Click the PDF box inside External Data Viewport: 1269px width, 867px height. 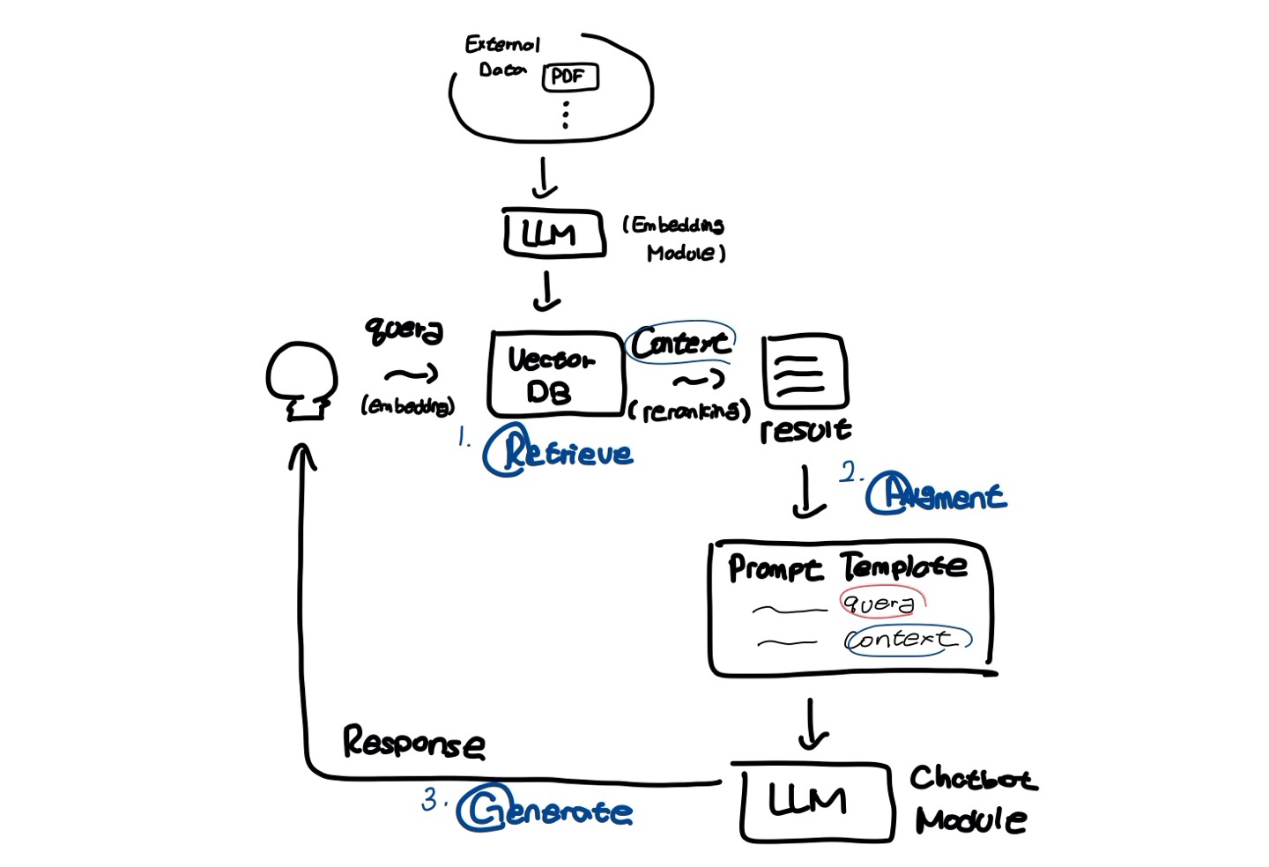pyautogui.click(x=569, y=77)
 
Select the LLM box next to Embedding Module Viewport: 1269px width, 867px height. pyautogui.click(x=553, y=233)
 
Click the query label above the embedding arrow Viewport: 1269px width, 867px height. pyautogui.click(x=404, y=330)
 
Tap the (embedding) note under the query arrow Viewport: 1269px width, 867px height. pyautogui.click(x=407, y=405)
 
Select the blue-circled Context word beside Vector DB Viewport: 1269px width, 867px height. pyautogui.click(x=680, y=343)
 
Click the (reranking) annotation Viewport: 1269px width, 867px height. pyautogui.click(x=690, y=411)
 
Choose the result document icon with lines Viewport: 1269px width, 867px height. pyautogui.click(x=804, y=372)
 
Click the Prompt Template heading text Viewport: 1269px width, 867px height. pyautogui.click(x=846, y=567)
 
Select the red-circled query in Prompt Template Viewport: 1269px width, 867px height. pyautogui.click(x=879, y=604)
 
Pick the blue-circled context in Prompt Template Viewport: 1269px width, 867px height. pyautogui.click(x=904, y=639)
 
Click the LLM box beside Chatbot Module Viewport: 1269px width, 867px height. pyautogui.click(x=814, y=801)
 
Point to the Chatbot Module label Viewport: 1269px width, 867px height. pyautogui.click(x=972, y=799)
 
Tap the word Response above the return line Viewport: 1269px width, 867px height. pyautogui.click(x=413, y=743)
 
